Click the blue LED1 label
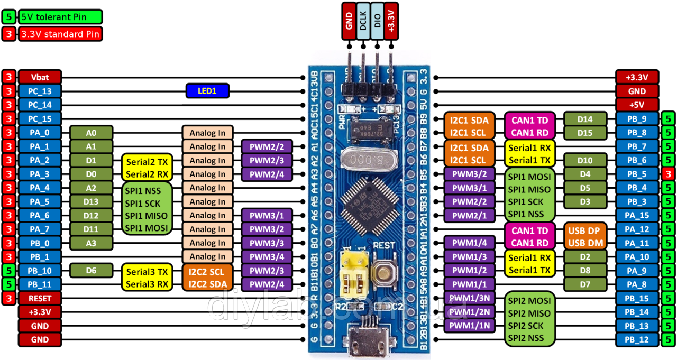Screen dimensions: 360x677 (x=207, y=91)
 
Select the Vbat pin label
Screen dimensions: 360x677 (x=40, y=77)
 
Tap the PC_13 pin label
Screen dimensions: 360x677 (x=40, y=91)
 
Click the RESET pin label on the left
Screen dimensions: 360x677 (x=40, y=298)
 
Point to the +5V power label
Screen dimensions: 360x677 (x=637, y=105)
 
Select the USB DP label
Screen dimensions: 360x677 (x=584, y=230)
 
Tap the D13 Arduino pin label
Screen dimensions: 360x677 (x=91, y=201)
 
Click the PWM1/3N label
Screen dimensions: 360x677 (x=469, y=299)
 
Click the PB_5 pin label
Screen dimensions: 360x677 (x=637, y=174)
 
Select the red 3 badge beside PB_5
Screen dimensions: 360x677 (x=669, y=174)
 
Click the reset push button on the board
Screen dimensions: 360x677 (x=383, y=272)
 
